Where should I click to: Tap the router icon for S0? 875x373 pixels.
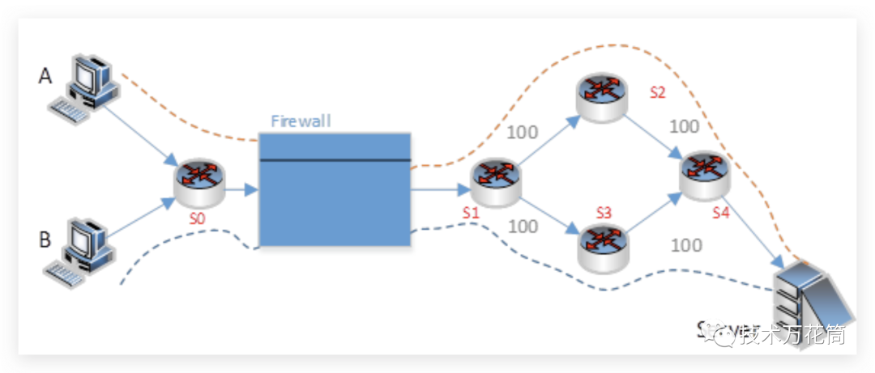[x=198, y=182]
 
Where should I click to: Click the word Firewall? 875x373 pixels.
[x=301, y=121]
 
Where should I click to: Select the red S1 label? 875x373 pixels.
[x=472, y=213]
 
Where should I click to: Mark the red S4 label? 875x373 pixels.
[x=720, y=213]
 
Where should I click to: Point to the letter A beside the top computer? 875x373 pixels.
[x=46, y=76]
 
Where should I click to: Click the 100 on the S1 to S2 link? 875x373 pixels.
[x=522, y=132]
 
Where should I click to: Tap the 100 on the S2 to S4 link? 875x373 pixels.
[x=685, y=127]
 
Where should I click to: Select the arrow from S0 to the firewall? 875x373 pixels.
[x=240, y=191]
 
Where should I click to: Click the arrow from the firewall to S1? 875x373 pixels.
[x=441, y=191]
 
